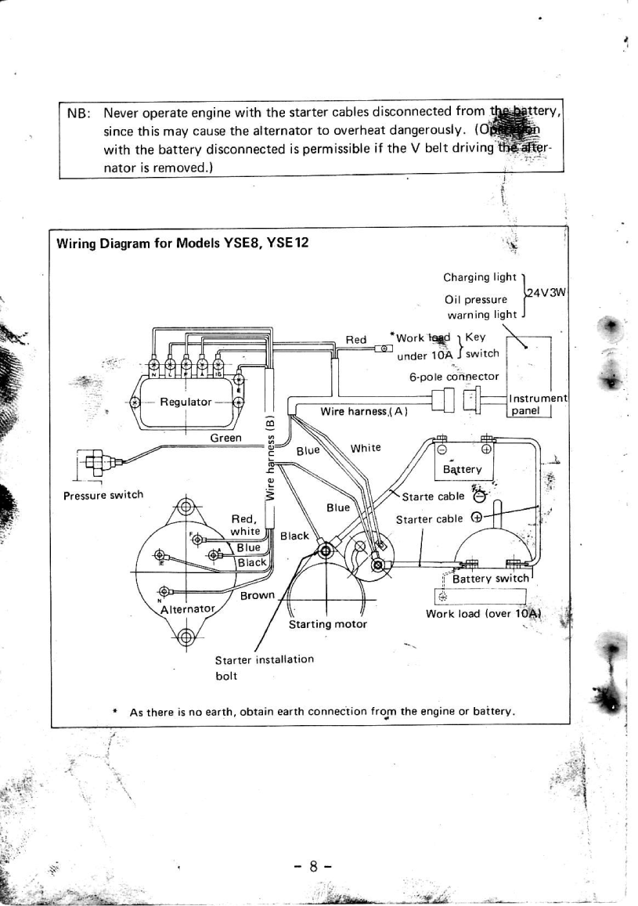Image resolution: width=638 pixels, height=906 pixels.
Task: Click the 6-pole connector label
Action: coord(454,376)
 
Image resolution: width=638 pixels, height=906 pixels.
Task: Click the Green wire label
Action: coord(226,438)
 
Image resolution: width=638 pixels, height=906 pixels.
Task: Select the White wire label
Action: coord(366,448)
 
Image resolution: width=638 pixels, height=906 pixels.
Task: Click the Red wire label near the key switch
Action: coord(356,339)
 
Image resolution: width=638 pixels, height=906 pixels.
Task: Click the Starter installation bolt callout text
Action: coord(265,666)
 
